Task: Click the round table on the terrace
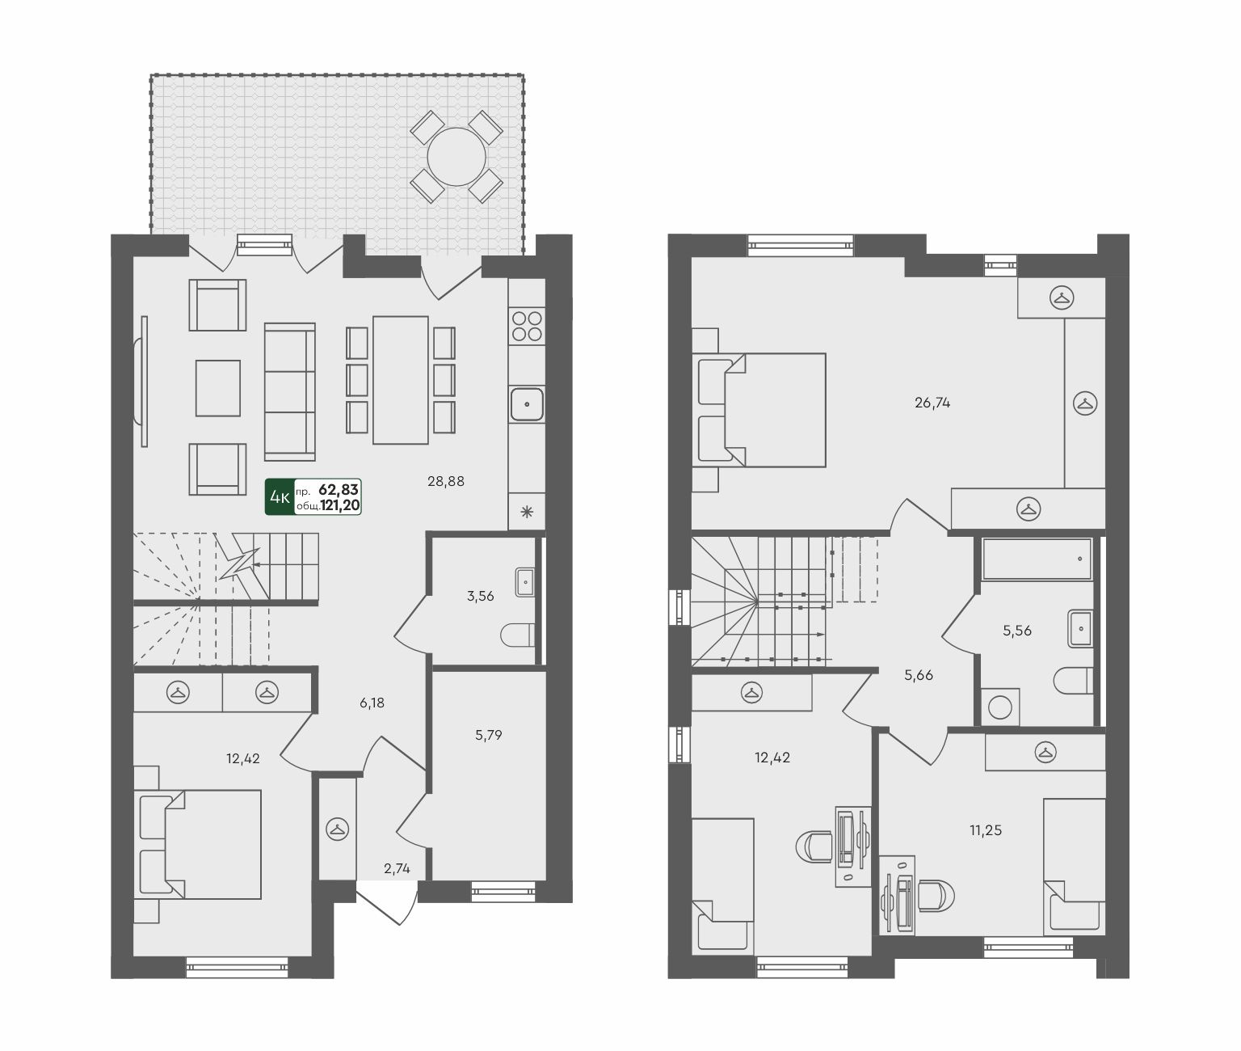456,157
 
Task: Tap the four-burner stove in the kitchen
527,327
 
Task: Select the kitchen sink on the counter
527,403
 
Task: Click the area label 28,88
445,481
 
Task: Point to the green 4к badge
280,497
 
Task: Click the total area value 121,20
340,505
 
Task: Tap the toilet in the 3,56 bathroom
517,635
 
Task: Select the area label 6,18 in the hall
372,703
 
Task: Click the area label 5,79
488,735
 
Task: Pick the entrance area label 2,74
397,868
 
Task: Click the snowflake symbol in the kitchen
527,512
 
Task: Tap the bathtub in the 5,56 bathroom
1037,559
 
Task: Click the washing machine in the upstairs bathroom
999,707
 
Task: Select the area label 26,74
932,403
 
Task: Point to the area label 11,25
985,829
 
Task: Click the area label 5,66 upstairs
919,675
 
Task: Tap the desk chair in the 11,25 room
936,896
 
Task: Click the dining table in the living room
401,380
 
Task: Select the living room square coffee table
218,388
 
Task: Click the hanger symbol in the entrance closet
338,829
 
